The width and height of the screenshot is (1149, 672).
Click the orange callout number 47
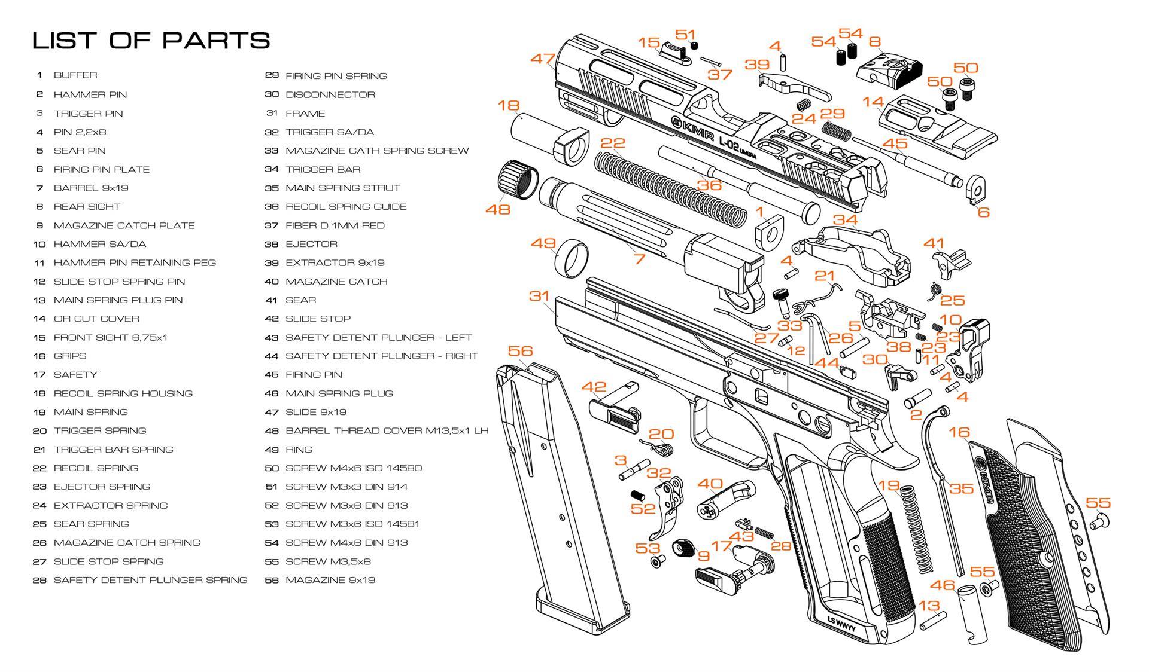pos(543,59)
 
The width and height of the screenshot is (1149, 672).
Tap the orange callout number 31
pos(539,296)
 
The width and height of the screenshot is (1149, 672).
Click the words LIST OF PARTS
pos(151,41)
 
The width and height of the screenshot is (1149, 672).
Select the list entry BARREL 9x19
pos(91,188)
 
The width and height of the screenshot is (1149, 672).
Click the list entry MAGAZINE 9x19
pos(330,580)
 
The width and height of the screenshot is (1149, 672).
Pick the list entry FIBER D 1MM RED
pos(335,225)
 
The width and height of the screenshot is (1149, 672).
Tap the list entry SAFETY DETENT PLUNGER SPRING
pos(150,580)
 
